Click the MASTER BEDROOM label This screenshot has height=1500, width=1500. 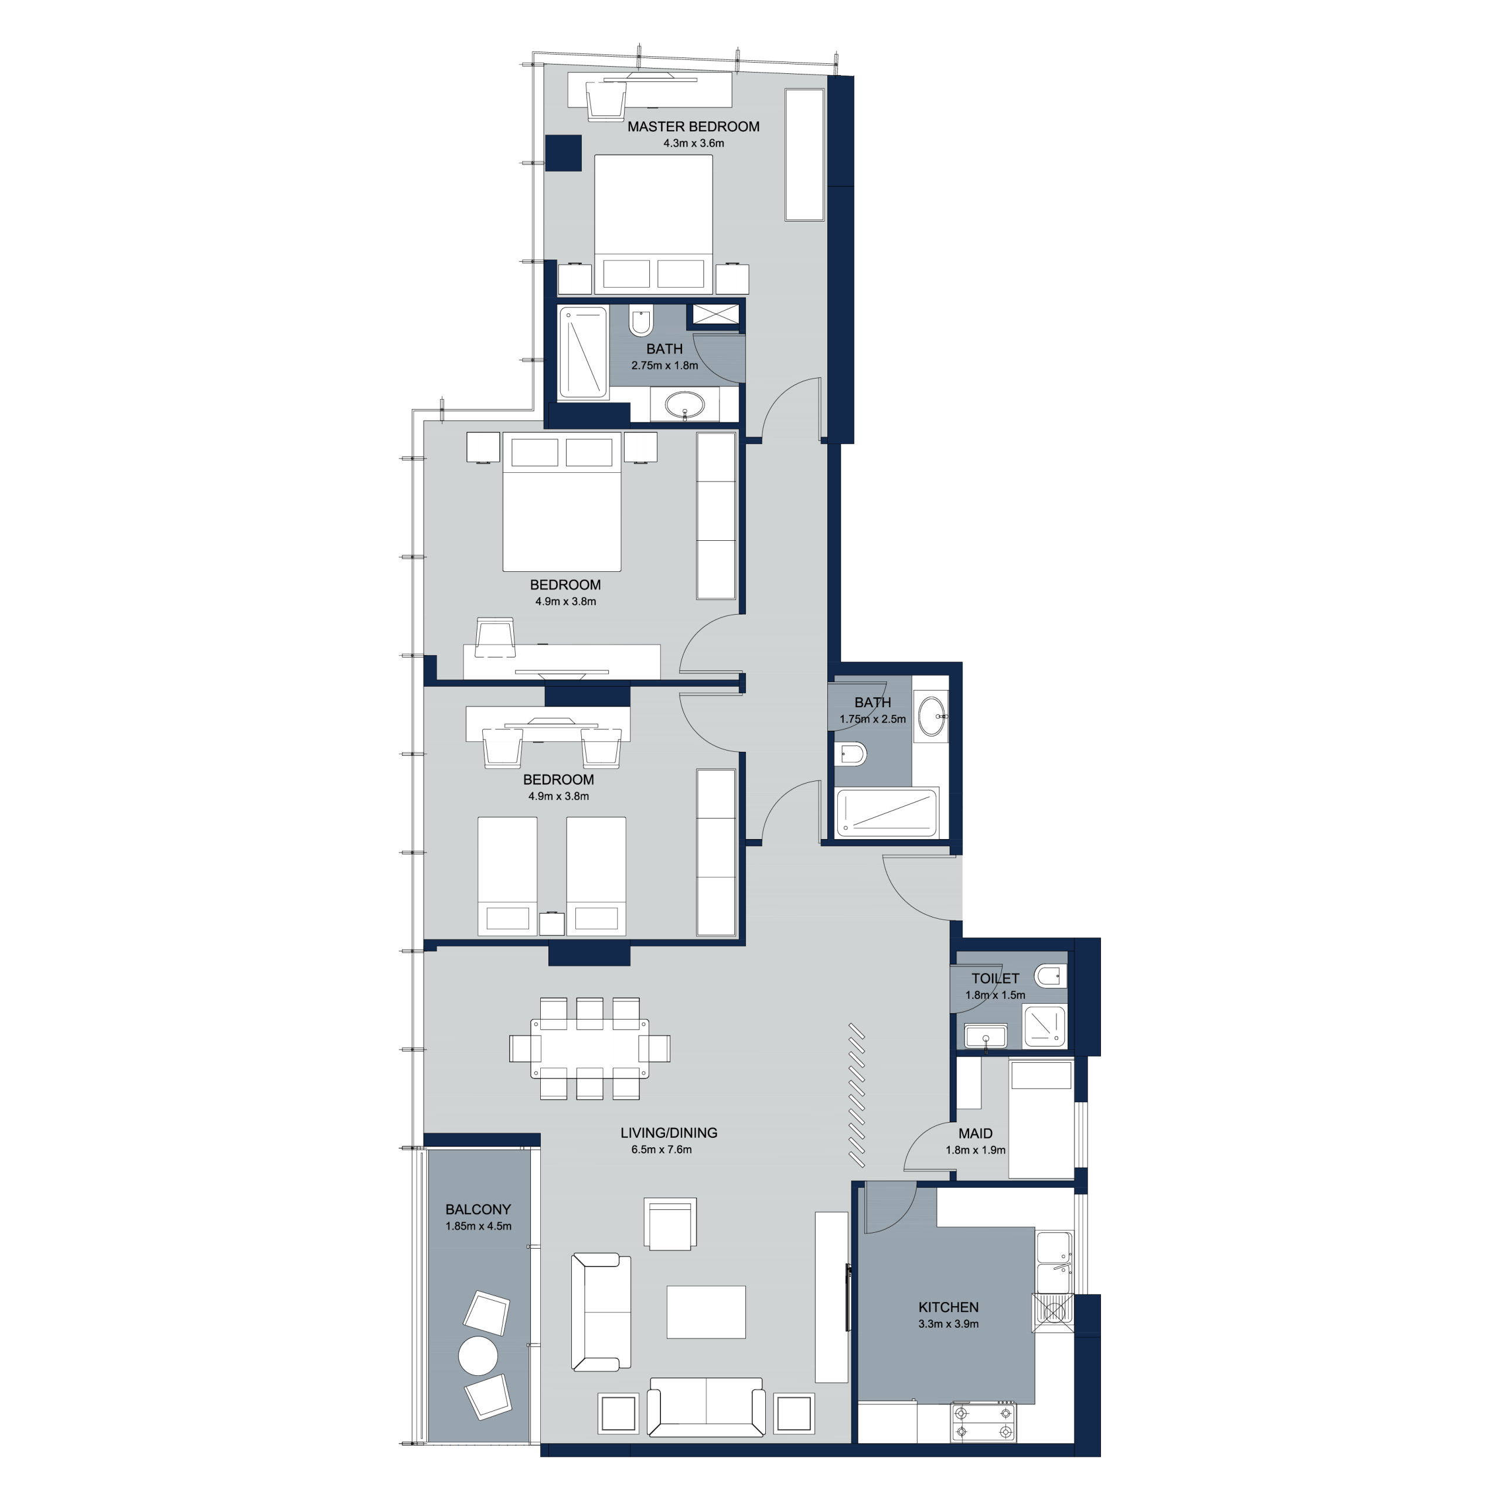pyautogui.click(x=693, y=127)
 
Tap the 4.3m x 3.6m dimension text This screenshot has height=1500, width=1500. pyautogui.click(x=693, y=144)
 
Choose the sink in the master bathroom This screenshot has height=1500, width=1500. pyautogui.click(x=685, y=405)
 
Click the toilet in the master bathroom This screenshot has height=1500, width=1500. pyautogui.click(x=640, y=321)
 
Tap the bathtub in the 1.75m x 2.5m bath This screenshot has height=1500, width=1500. pyautogui.click(x=887, y=813)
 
